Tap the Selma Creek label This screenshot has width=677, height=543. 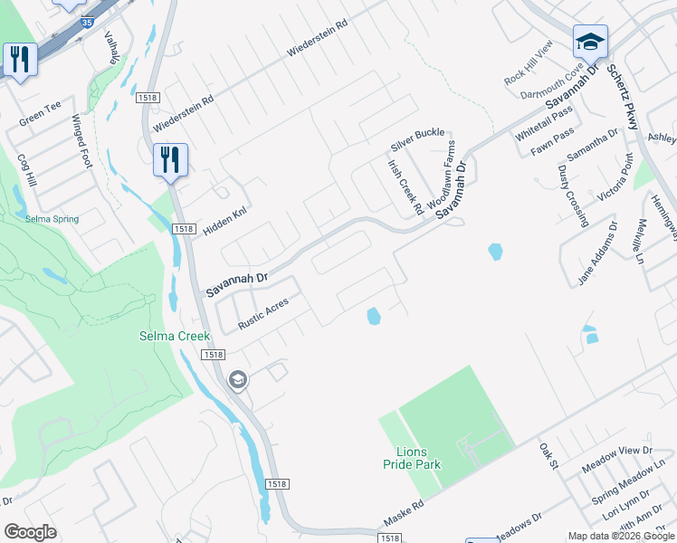(174, 336)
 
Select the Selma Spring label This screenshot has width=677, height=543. (52, 219)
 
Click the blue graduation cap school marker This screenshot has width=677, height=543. (590, 42)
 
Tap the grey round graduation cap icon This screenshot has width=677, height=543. (238, 379)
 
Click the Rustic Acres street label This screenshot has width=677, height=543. (262, 312)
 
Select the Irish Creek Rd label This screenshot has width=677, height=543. (405, 187)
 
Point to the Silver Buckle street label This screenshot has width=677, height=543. (417, 139)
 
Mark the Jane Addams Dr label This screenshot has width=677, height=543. (597, 253)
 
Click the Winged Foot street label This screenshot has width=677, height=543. (81, 142)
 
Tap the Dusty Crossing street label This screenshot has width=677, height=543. (572, 195)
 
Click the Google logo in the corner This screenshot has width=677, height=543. (30, 531)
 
